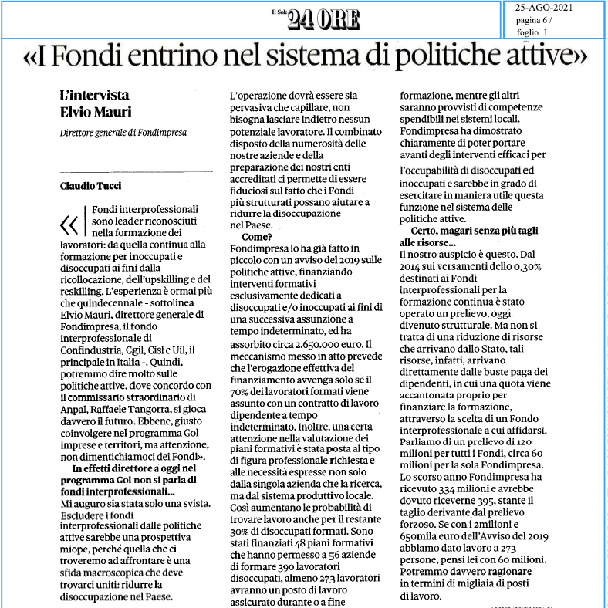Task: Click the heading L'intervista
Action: click(x=95, y=96)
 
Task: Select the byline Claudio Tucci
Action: click(x=92, y=185)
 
